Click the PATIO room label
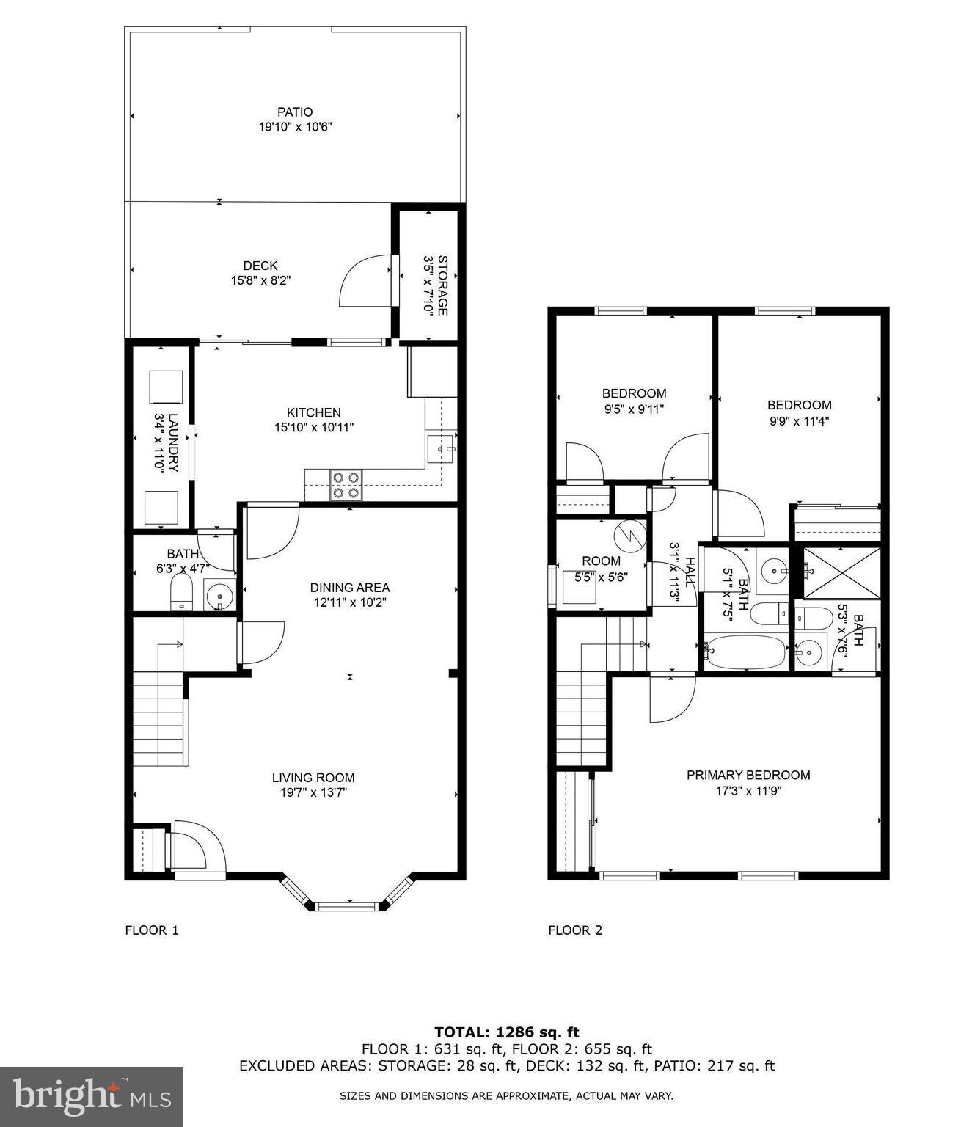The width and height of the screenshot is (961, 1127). coord(295,112)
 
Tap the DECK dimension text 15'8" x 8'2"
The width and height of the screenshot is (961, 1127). coord(260,280)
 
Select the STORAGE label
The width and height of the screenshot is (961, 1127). coord(442,285)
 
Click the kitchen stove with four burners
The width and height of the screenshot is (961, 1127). coord(346,484)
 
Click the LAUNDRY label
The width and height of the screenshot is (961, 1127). coord(173,442)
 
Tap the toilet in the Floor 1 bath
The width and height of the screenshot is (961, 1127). coord(180,592)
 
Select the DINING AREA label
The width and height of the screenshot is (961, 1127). coord(349,587)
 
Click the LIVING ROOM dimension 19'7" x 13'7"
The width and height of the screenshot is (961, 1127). coord(313,792)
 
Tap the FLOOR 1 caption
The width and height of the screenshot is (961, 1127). coord(152,930)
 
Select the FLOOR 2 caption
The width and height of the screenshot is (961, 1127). coord(575,930)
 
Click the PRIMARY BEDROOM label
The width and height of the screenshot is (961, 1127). coord(748,775)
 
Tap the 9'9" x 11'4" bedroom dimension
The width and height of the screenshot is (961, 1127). coord(799,421)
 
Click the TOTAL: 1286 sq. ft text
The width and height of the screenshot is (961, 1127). coord(506,1032)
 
